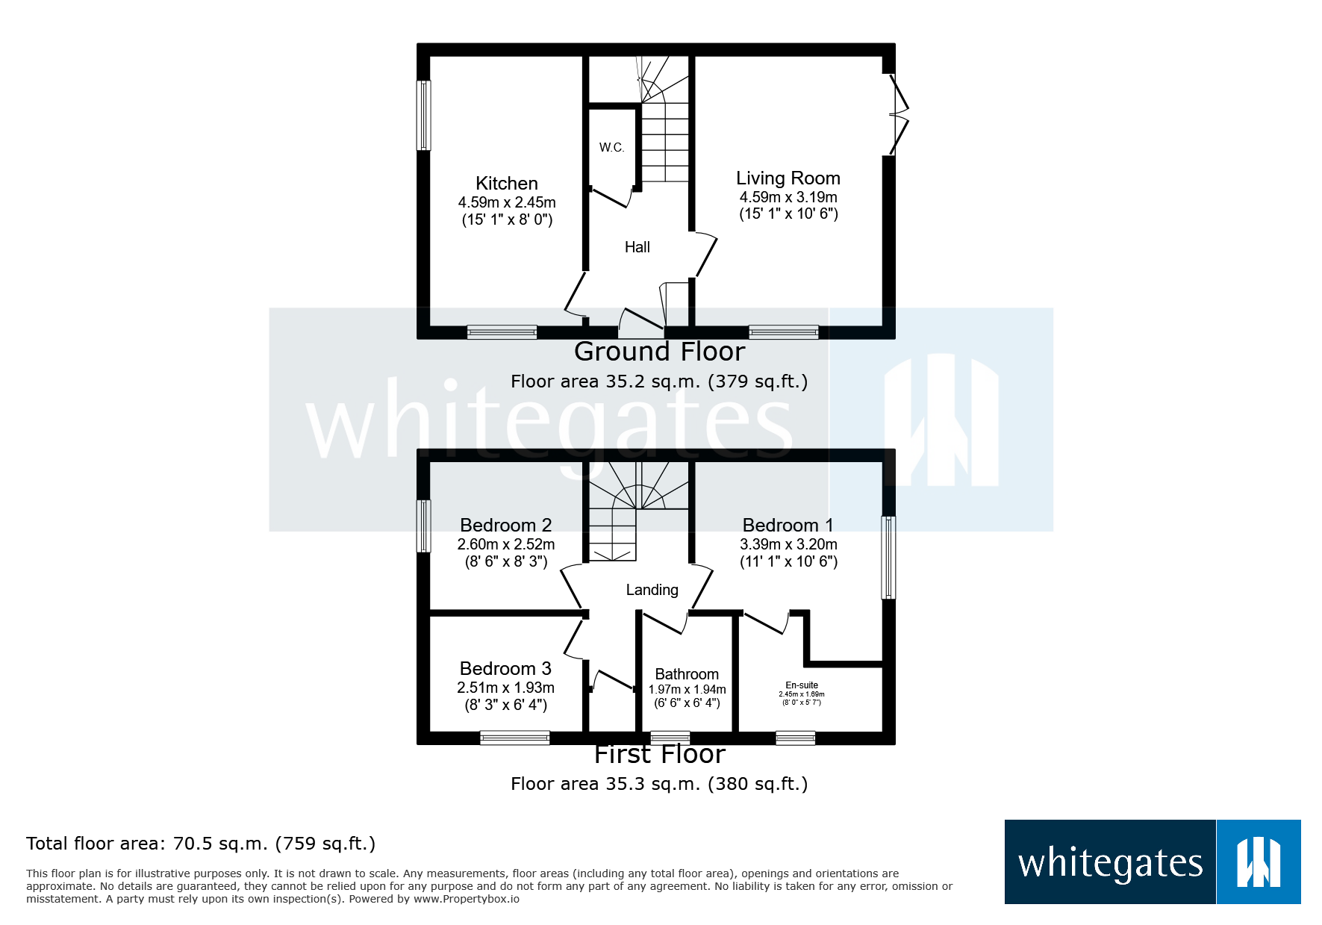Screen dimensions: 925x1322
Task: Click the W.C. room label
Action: tap(611, 148)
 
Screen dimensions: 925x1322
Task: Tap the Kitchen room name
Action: tap(506, 184)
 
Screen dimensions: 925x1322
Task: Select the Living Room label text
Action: tap(788, 178)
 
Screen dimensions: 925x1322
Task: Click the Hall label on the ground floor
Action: tap(637, 247)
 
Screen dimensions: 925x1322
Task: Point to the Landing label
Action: tap(652, 590)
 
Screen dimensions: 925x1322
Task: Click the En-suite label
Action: tap(801, 685)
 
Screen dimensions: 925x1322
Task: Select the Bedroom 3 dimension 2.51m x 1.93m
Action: tap(505, 688)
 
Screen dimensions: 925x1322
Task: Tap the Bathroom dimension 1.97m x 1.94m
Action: tap(687, 690)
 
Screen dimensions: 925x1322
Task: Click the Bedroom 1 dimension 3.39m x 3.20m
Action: tap(788, 544)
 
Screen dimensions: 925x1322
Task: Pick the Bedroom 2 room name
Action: tap(505, 526)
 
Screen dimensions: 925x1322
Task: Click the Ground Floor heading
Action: tap(659, 352)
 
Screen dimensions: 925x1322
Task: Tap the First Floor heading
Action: tap(659, 754)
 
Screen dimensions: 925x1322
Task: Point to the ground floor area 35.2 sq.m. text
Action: tap(658, 381)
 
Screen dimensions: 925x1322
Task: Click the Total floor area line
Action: tap(200, 844)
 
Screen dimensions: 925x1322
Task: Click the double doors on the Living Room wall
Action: tap(898, 115)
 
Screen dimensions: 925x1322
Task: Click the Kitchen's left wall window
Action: tap(423, 116)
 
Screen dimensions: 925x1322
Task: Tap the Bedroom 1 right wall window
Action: tap(888, 558)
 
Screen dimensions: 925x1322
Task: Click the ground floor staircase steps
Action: tap(665, 142)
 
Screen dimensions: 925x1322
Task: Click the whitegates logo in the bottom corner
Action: tap(1152, 862)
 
